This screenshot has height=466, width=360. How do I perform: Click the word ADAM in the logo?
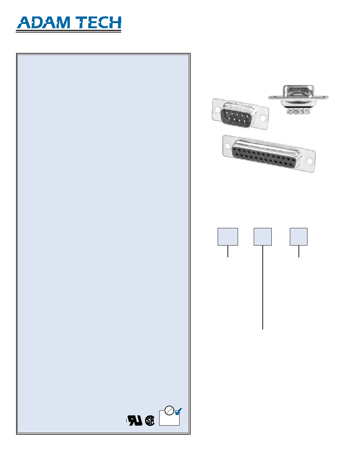point(44,23)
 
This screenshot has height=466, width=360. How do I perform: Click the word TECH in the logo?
point(98,23)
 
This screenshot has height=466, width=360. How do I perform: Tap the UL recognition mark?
point(135,420)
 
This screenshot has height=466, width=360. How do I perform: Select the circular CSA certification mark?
point(150,420)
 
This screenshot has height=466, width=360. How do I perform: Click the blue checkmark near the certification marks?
point(178,411)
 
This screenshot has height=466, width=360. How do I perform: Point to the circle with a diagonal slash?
point(169,410)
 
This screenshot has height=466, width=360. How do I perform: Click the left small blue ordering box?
point(228,237)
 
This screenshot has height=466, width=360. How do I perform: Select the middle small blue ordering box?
point(263,237)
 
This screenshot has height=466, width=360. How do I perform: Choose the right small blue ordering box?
point(298,237)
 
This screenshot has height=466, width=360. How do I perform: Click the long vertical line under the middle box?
point(263,288)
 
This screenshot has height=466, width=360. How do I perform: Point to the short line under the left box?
point(228,251)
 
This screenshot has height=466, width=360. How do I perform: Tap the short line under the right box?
point(299,251)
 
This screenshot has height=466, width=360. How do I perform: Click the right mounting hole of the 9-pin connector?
point(263,118)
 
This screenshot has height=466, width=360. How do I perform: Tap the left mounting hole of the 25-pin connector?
point(228,146)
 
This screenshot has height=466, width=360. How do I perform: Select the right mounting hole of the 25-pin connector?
point(309,161)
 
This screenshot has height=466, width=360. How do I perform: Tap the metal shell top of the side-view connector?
point(298,91)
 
